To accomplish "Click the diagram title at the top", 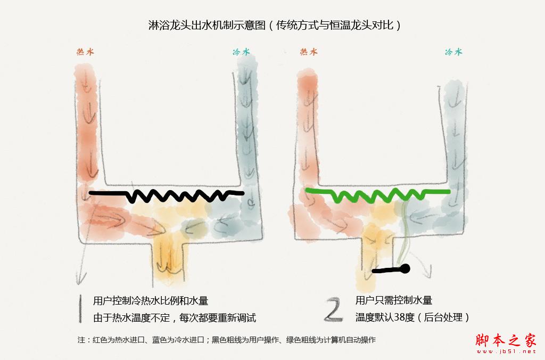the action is [275, 25].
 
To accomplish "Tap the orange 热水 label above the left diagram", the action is [86, 52].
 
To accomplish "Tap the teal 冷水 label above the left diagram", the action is [241, 52].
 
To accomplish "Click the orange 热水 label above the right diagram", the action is [309, 52].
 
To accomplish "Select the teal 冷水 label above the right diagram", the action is [453, 52].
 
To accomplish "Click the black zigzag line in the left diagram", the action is [167, 196].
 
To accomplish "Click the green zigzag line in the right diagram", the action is [378, 195].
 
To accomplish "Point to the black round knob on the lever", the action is [405, 268].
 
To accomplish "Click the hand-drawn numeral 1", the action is [80, 309].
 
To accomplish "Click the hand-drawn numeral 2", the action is [333, 309].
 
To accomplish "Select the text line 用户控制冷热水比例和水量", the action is [151, 300].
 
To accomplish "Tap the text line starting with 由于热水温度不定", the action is [175, 317].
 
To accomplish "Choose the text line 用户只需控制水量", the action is [394, 300].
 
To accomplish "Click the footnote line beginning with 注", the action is [227, 340].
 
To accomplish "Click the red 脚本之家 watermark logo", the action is [506, 340].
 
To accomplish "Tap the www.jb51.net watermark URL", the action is [506, 351].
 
